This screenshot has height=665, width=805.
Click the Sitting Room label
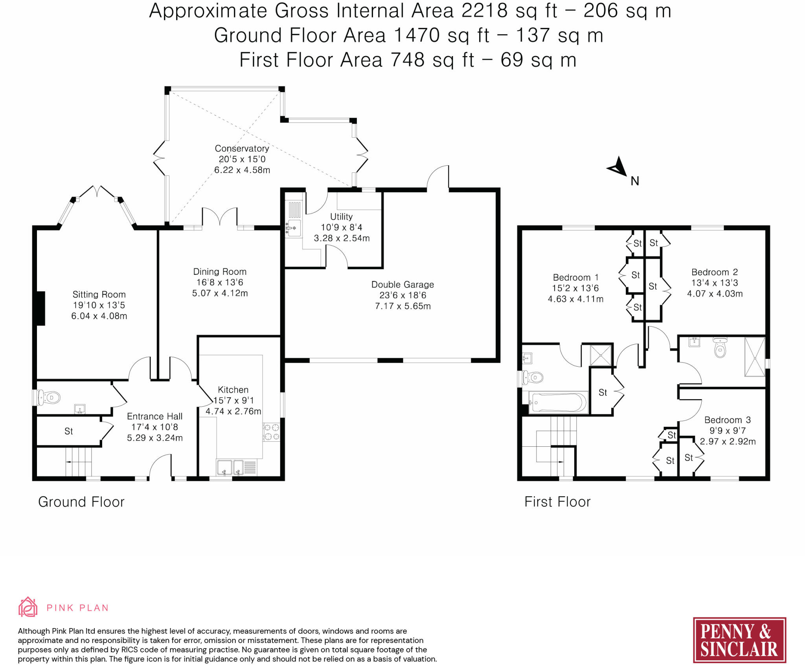tap(99, 294)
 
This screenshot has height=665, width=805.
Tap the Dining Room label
tap(220, 272)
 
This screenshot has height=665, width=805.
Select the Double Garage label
tap(402, 285)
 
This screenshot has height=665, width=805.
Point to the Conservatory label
tap(242, 148)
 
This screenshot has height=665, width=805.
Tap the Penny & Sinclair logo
tap(739, 640)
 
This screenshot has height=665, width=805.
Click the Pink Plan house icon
tap(28, 607)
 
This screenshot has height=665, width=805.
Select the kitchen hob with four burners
tap(272, 432)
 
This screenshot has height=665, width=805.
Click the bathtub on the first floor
tap(558, 402)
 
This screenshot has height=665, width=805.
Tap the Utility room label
tap(341, 217)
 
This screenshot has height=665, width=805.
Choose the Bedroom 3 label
tap(728, 420)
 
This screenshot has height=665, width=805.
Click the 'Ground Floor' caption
tap(81, 502)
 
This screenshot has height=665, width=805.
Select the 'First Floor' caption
tap(557, 502)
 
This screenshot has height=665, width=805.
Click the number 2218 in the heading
tap(484, 11)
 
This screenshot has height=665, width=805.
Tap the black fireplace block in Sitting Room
tap(41, 309)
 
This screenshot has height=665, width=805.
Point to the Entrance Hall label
tap(155, 417)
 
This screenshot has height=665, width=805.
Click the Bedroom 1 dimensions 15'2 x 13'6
tap(575, 288)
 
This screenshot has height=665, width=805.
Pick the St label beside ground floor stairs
tap(69, 431)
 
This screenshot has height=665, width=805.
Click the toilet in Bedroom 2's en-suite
tap(720, 347)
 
